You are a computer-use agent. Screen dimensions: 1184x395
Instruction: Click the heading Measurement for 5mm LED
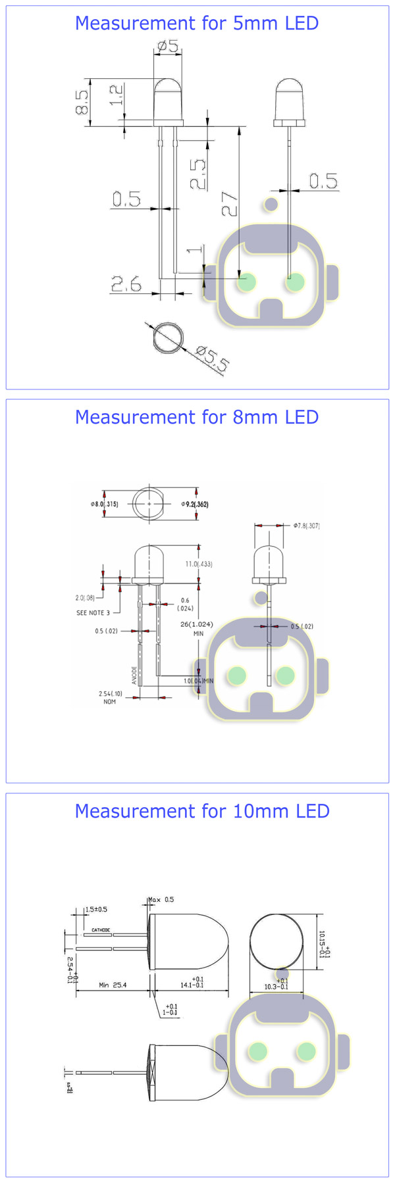click(197, 23)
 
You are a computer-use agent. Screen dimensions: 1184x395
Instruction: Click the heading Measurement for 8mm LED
click(197, 417)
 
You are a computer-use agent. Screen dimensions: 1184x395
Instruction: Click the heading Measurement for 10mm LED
click(202, 811)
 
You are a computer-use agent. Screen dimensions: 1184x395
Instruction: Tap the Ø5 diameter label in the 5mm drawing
click(169, 46)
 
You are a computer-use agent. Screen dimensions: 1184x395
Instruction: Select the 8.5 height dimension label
click(82, 103)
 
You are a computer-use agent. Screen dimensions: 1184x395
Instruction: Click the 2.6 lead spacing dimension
click(126, 284)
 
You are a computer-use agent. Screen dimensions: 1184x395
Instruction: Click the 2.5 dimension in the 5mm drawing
click(197, 174)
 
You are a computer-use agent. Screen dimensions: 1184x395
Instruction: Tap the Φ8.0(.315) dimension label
click(105, 504)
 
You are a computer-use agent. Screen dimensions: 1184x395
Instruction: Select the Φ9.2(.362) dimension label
click(195, 505)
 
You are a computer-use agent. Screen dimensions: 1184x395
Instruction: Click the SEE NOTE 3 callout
click(93, 613)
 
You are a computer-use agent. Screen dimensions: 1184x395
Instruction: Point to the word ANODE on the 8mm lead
click(134, 675)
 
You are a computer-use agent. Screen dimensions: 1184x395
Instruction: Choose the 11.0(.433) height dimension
click(198, 564)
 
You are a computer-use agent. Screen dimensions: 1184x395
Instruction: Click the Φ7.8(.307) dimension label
click(307, 526)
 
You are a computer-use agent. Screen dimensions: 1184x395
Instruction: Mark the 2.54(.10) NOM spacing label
click(110, 697)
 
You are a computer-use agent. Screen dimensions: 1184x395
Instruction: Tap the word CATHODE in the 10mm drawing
click(101, 930)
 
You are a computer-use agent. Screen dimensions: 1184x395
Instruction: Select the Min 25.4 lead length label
click(113, 985)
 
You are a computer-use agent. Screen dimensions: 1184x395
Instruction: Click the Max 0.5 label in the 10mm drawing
click(161, 899)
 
